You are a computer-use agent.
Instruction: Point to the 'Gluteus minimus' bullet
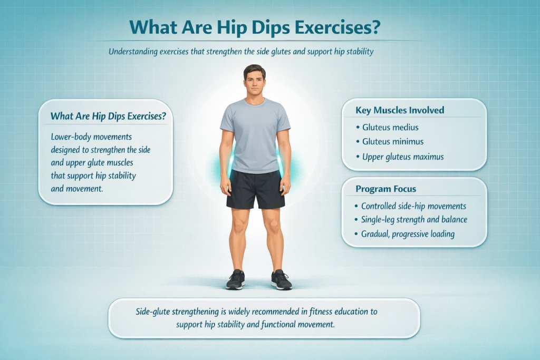click(x=393, y=141)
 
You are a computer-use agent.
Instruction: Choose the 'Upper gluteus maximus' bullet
click(x=402, y=157)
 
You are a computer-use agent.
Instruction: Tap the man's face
click(x=255, y=84)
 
